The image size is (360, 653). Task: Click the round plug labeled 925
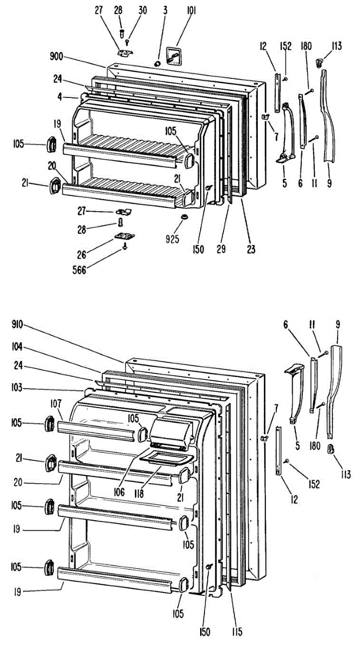(x=184, y=217)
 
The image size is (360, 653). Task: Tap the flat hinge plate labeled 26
(x=125, y=236)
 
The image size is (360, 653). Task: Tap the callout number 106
(x=120, y=492)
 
